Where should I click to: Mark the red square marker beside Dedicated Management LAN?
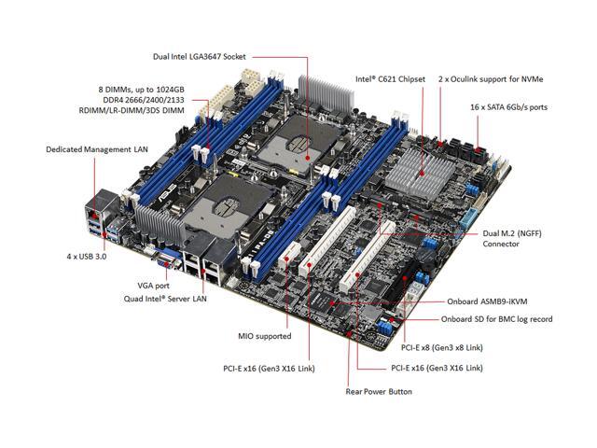[95, 164]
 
